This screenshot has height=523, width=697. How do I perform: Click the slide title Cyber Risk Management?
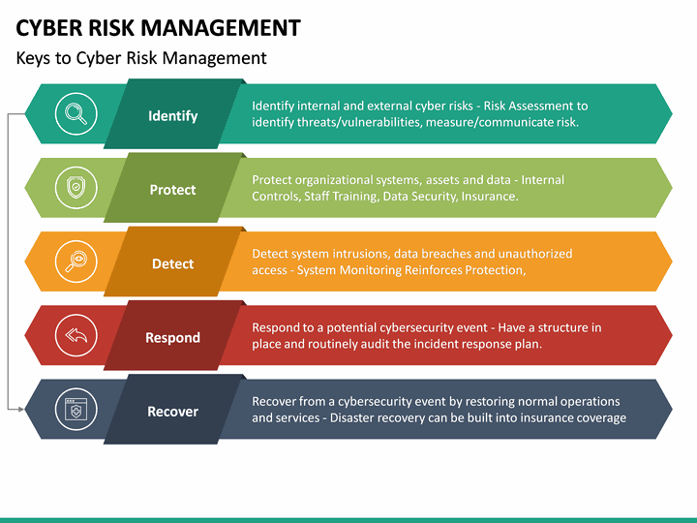(x=158, y=27)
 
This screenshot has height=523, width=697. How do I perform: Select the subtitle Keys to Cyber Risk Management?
(x=141, y=58)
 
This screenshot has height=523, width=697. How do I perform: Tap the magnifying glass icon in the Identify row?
(x=75, y=114)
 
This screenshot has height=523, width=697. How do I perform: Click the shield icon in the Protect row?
(x=75, y=188)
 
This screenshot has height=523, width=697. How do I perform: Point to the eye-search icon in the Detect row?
(x=75, y=262)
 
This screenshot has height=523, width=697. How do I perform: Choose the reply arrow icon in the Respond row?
(x=75, y=336)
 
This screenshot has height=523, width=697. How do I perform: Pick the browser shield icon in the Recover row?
(x=75, y=410)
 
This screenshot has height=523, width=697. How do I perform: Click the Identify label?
(x=172, y=116)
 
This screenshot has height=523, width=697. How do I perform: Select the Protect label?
(x=172, y=190)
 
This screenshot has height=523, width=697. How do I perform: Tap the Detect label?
(x=172, y=263)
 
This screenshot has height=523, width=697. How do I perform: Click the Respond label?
(x=172, y=338)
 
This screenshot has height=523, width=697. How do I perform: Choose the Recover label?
(x=172, y=412)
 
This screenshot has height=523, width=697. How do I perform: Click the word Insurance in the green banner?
(x=489, y=197)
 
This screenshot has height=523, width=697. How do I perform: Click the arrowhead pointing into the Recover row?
(x=19, y=410)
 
